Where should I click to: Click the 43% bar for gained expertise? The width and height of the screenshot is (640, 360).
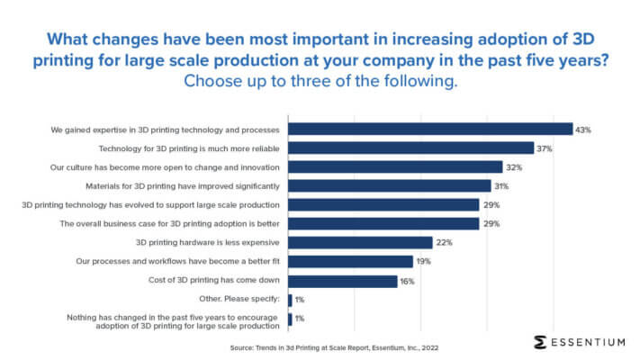click(x=429, y=129)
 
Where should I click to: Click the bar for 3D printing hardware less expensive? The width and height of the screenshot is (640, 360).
click(x=360, y=243)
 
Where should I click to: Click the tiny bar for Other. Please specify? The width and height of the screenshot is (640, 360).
click(x=289, y=300)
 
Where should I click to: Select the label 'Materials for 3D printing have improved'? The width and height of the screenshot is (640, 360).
click(x=181, y=186)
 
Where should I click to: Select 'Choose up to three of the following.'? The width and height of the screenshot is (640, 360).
click(x=320, y=81)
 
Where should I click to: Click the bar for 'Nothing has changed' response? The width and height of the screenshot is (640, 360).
click(x=289, y=319)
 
